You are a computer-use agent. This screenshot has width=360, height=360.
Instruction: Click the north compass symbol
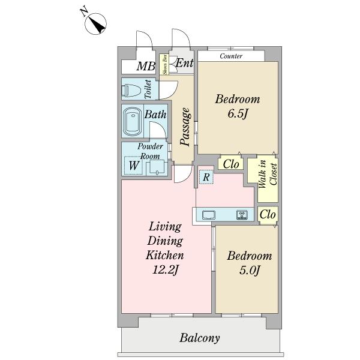click(95, 23)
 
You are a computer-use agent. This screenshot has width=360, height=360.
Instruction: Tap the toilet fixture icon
click(132, 91)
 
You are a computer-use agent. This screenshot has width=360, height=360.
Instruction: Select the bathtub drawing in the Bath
click(132, 121)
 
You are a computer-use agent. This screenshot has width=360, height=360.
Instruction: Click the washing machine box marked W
click(133, 166)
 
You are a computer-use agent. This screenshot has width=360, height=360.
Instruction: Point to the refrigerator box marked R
click(206, 177)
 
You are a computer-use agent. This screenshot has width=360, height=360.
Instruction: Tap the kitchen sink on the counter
click(209, 215)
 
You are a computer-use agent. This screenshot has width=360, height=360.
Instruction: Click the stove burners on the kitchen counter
click(242, 215)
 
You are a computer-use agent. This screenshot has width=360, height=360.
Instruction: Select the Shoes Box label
click(164, 65)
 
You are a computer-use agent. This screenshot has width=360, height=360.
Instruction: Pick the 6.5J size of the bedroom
click(238, 113)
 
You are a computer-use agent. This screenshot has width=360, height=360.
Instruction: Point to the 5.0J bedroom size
click(250, 270)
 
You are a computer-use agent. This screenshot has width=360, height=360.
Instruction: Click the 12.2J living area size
click(166, 269)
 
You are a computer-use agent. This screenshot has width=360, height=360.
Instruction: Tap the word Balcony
click(200, 338)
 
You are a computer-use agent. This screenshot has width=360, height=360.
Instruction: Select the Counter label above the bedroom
click(231, 56)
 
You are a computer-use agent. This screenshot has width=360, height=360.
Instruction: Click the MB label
click(146, 67)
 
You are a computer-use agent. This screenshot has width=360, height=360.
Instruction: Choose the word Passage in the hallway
click(185, 127)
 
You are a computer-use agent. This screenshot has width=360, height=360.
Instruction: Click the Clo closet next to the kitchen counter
click(268, 215)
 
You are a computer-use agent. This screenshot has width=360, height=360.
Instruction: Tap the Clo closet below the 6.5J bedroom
click(231, 164)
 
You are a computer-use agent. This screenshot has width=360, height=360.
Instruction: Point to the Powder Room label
click(150, 151)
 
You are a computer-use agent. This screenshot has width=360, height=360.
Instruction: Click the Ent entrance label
click(184, 63)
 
